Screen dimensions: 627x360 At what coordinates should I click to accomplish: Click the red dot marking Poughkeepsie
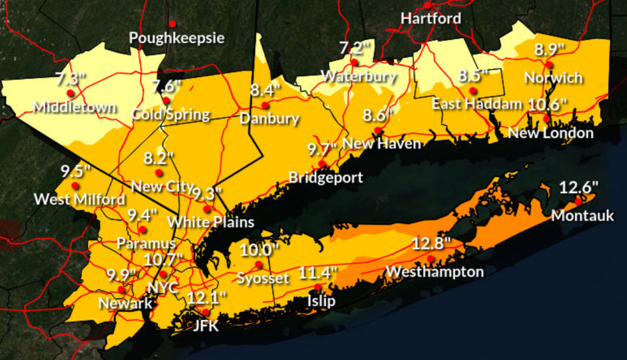tap(172, 24)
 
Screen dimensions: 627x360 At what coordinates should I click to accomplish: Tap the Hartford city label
tap(431, 18)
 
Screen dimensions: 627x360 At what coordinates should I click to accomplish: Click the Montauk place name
tap(583, 216)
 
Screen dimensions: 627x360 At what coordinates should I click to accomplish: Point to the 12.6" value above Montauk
tap(579, 187)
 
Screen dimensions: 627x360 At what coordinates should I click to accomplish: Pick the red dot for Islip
tap(318, 287)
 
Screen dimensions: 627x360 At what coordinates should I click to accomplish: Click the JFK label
tap(206, 326)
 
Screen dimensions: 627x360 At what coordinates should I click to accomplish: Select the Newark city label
tap(125, 302)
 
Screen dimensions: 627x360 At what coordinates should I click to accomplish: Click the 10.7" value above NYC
tap(164, 259)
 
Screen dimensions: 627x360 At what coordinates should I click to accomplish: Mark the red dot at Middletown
tap(70, 93)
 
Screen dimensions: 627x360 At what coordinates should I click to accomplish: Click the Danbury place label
tap(269, 119)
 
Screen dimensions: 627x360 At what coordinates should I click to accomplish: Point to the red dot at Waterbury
tap(354, 62)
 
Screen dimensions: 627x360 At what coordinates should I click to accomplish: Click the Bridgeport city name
tap(326, 177)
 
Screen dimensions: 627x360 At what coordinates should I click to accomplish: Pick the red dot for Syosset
tap(259, 264)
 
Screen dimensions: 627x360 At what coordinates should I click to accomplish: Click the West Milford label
tap(80, 199)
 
